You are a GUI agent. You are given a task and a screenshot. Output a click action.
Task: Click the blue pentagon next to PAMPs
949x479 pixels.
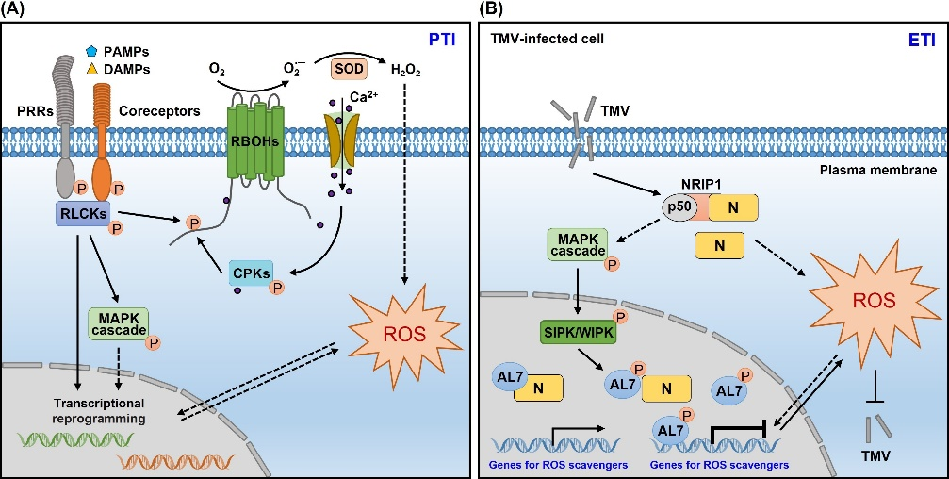[x=92, y=54]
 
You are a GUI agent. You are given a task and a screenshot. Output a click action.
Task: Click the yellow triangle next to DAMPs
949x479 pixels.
[x=92, y=69]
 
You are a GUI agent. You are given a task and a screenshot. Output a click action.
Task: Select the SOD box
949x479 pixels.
[x=348, y=69]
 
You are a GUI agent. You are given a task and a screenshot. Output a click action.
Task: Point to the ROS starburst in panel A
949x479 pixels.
[x=405, y=330]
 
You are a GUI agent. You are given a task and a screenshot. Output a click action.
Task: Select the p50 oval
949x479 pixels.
[x=678, y=206]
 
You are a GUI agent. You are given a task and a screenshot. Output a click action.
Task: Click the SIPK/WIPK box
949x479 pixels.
[x=577, y=332]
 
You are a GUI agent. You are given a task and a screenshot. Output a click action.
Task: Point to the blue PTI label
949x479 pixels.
[x=442, y=41]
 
